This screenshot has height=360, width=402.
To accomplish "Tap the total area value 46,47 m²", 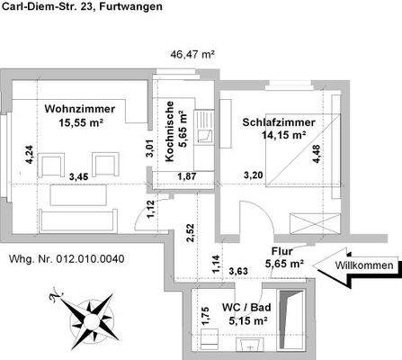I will [x=192, y=54].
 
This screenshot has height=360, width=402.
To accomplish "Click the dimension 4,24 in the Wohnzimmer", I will [x=29, y=158].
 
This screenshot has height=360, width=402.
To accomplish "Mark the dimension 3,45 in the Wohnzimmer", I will [x=81, y=176].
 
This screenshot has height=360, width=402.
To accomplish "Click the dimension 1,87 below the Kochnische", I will [x=187, y=176].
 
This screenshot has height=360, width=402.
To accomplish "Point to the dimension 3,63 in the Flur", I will [x=238, y=269].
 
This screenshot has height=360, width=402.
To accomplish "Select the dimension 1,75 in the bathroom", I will [x=205, y=317].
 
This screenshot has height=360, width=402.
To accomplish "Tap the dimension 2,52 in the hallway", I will [x=191, y=232].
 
